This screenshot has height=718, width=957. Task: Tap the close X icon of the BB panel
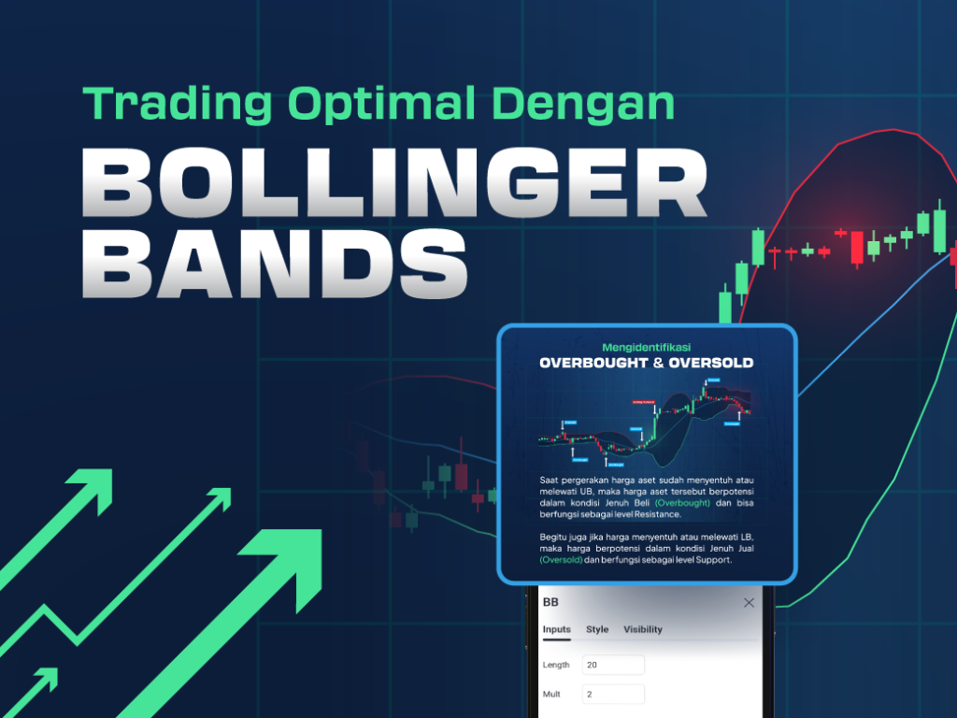coord(749,603)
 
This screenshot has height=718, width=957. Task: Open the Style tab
coord(597,629)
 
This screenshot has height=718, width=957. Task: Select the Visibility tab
coord(643,629)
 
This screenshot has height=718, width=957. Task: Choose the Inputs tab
coord(557,629)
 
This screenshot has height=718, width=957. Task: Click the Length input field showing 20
coord(613,665)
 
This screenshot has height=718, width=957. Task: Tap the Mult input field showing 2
coord(613,694)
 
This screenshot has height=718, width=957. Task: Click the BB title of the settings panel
coord(550,603)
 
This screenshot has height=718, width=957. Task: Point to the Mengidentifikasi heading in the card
coord(647,347)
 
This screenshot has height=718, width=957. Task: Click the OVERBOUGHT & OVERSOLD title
coord(647,363)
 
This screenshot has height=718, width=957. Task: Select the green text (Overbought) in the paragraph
coord(682,503)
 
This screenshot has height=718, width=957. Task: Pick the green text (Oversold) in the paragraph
coord(561,560)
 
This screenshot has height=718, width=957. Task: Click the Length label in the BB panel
coord(557,665)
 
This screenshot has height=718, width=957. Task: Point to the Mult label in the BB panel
coord(552,694)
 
